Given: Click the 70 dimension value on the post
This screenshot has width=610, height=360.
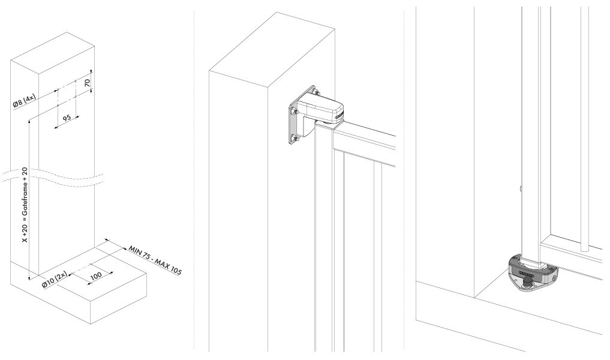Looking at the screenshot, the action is point(87,83).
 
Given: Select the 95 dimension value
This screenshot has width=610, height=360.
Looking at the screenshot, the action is point(67,117).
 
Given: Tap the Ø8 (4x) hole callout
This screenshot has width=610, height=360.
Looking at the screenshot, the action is point(25,101).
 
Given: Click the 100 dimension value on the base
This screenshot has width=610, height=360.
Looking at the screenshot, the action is point(96,275).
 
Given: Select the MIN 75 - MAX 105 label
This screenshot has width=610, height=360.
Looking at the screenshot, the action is point(155,260).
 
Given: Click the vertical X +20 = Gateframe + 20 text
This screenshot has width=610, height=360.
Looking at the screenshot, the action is point(25,205).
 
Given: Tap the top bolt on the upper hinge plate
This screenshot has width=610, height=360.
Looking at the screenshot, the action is point(314,92).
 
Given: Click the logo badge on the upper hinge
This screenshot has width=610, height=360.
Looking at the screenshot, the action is point(339,114).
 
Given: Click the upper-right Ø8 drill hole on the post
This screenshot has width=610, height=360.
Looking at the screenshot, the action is point(76,82).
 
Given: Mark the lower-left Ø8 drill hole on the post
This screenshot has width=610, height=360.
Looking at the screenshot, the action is point(58,106).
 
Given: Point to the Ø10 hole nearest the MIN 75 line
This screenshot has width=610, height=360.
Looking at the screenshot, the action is point(91,265).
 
